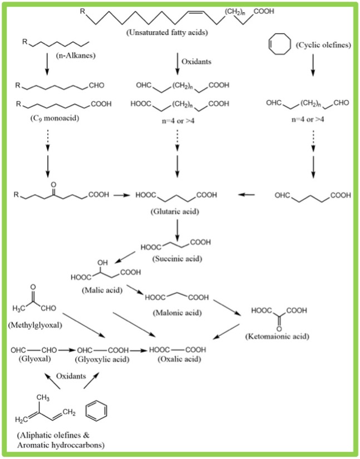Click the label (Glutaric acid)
[x=180, y=211]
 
